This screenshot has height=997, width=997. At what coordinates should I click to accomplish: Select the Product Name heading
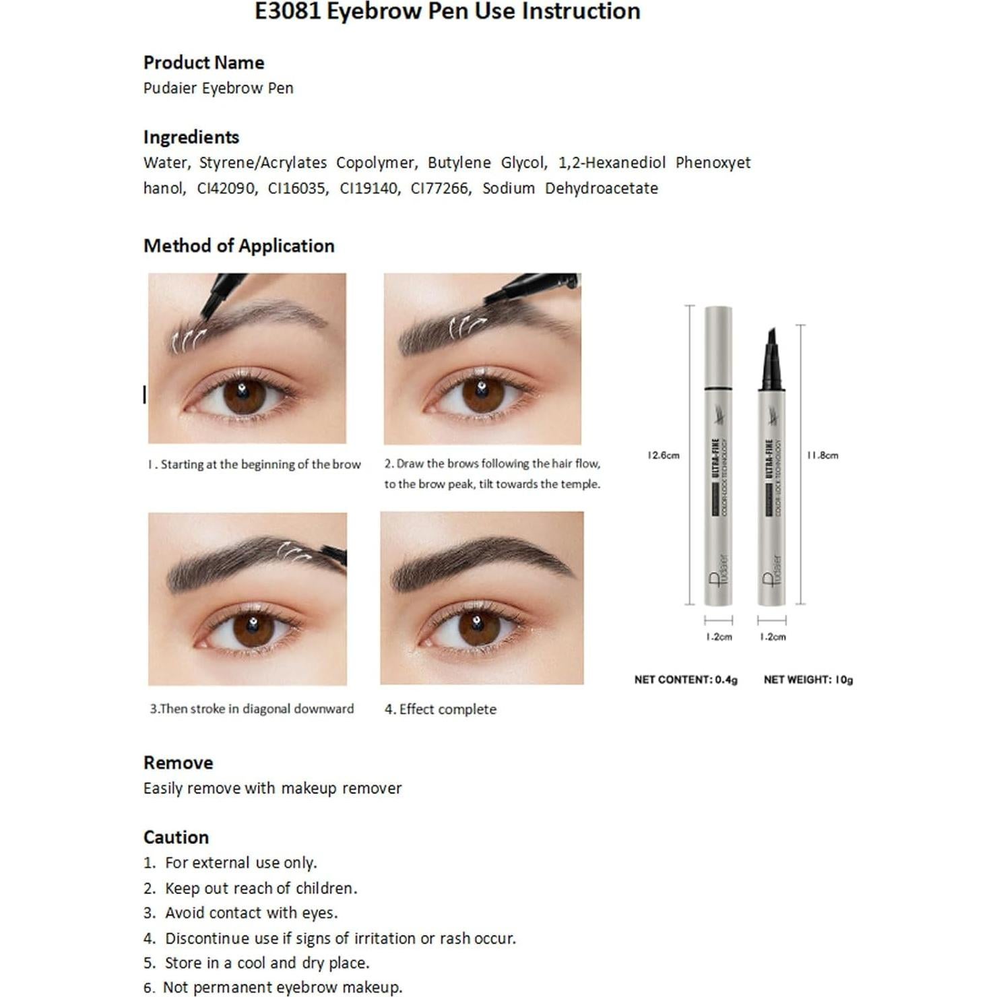[x=203, y=63]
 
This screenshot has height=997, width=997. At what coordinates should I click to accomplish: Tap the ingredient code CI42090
[x=226, y=188]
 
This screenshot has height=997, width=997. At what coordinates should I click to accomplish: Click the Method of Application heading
[x=238, y=246]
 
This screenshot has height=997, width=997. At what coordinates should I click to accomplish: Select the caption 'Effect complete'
[x=447, y=709]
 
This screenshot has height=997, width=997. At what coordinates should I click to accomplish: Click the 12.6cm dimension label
[x=663, y=455]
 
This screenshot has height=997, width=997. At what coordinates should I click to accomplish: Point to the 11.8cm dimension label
[x=823, y=455]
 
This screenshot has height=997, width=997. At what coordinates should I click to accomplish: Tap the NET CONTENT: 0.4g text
[x=686, y=680]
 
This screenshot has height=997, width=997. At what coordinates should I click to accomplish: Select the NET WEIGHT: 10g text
[x=808, y=680]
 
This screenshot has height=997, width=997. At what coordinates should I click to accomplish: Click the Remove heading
[x=178, y=763]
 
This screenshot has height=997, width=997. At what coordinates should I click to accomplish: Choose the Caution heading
[x=176, y=837]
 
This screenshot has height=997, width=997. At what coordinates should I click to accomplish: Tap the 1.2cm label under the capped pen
[x=718, y=637]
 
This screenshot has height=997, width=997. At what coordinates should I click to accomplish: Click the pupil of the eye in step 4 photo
[x=479, y=629]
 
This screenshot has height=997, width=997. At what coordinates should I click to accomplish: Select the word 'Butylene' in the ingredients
[x=459, y=163]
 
